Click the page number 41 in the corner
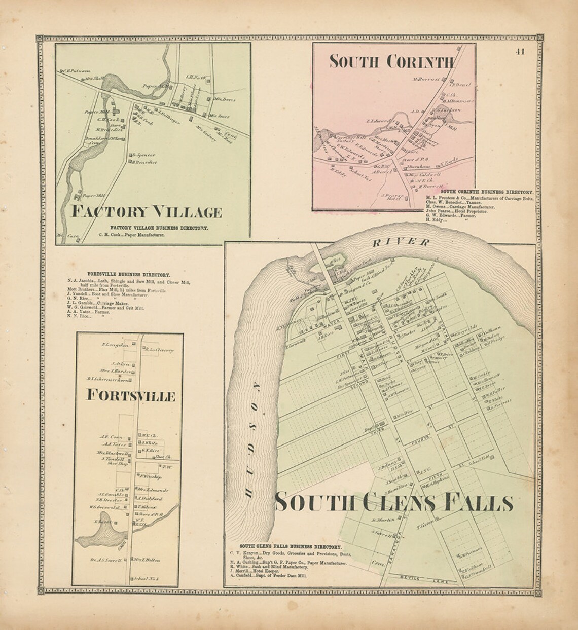tap(519, 51)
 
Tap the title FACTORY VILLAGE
tap(147, 211)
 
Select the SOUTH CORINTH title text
tap(391, 61)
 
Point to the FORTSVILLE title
tap(131, 395)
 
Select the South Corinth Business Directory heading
tap(486, 192)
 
